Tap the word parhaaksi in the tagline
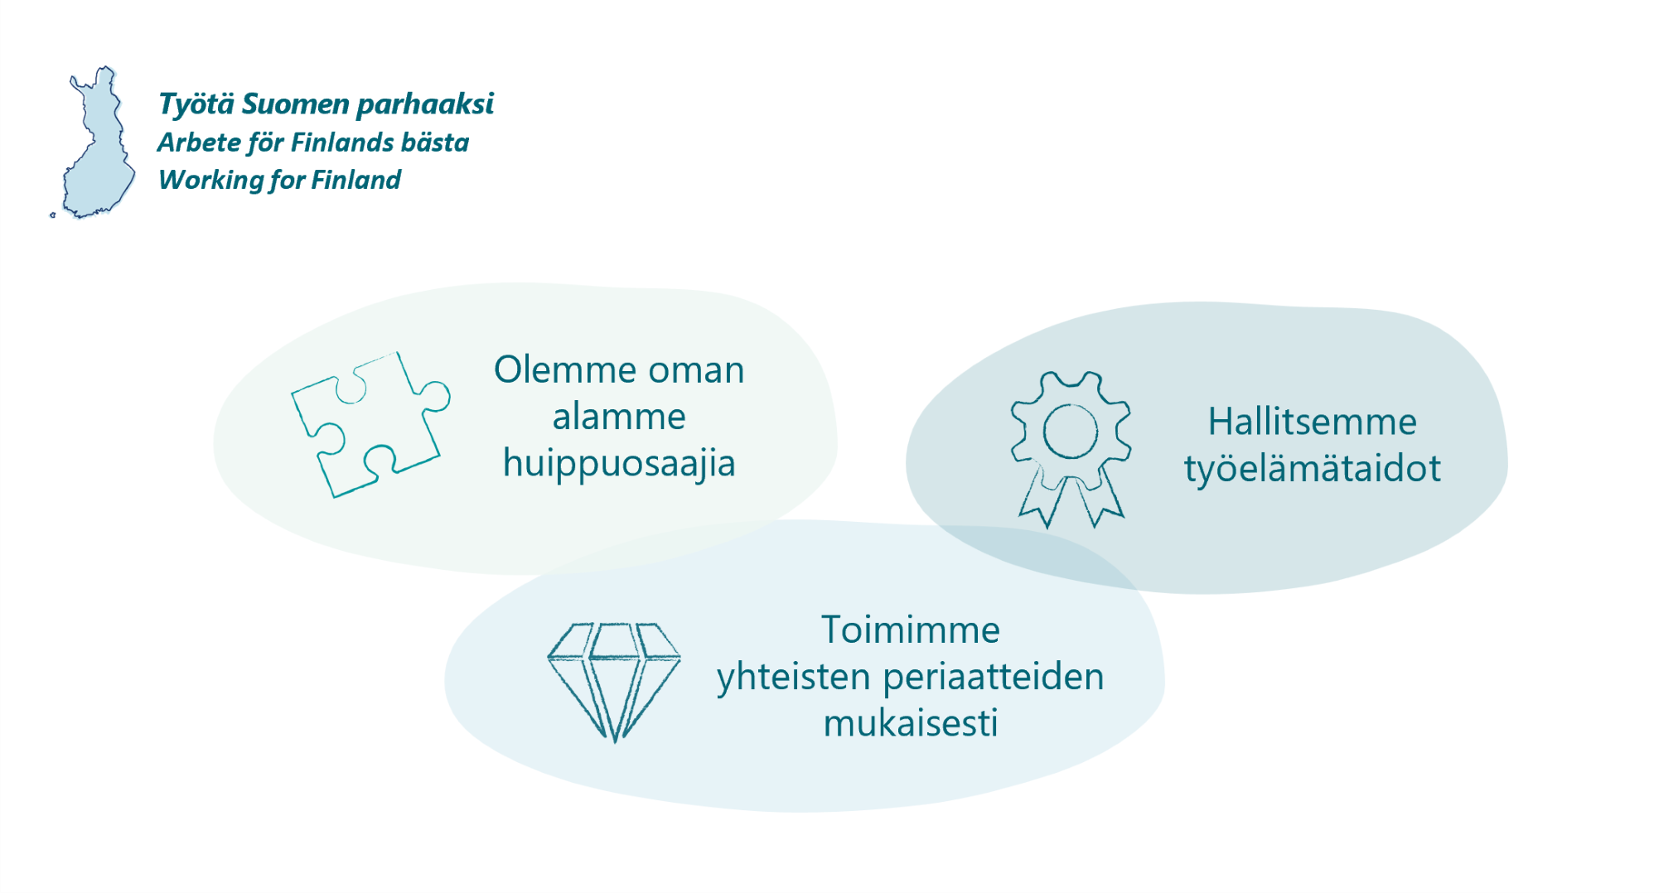tap(425, 105)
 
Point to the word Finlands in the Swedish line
tap(342, 142)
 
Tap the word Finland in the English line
tap(356, 180)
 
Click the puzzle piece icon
tap(370, 424)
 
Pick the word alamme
tap(619, 417)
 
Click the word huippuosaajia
tap(619, 464)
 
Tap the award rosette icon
tap(1071, 450)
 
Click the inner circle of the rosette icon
tap(1071, 432)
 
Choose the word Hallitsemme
tap(1313, 422)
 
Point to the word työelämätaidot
tap(1313, 469)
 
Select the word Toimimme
tap(911, 630)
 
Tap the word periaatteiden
tap(994, 678)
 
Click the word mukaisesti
tap(911, 724)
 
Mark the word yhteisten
tap(794, 678)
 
